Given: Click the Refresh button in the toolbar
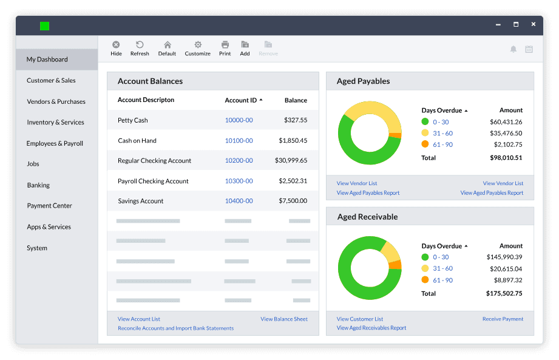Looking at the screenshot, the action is pyautogui.click(x=140, y=49).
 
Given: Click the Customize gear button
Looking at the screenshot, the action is pyautogui.click(x=197, y=49).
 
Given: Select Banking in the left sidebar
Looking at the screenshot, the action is pyautogui.click(x=38, y=185).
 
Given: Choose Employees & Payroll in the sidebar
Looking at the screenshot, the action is pyautogui.click(x=55, y=143).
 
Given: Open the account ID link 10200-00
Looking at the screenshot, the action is pyautogui.click(x=239, y=160).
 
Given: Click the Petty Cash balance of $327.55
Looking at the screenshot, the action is pyautogui.click(x=296, y=120).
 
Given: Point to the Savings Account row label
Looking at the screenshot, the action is pyautogui.click(x=140, y=201).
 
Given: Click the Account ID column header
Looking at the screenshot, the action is pyautogui.click(x=240, y=100).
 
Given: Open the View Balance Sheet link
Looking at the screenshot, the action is pyautogui.click(x=284, y=319).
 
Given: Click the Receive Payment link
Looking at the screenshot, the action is pyautogui.click(x=503, y=319).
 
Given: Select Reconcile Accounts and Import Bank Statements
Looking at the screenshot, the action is pyautogui.click(x=176, y=328).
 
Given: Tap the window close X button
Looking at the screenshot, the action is pyautogui.click(x=534, y=24).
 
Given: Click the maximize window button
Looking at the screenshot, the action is pyautogui.click(x=516, y=24).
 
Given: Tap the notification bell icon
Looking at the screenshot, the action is pyautogui.click(x=513, y=49).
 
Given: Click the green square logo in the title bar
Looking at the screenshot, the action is pyautogui.click(x=44, y=26).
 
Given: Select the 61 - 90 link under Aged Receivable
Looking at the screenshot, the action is pyautogui.click(x=443, y=280).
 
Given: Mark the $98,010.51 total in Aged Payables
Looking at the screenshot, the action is pyautogui.click(x=506, y=158).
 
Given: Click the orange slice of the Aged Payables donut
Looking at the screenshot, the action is pyautogui.click(x=395, y=135).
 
